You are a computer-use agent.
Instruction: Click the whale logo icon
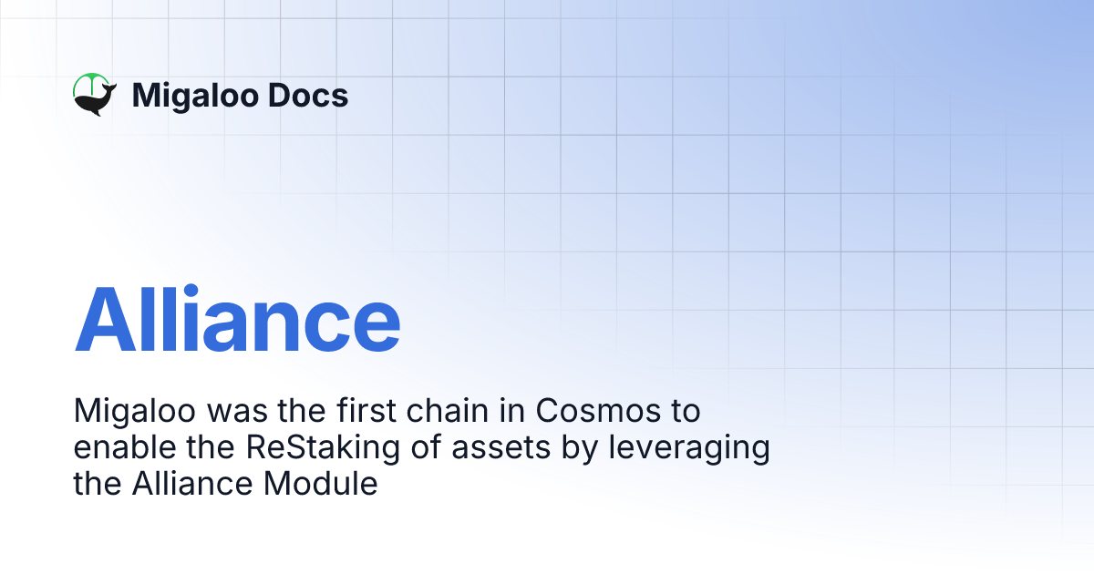click(x=94, y=96)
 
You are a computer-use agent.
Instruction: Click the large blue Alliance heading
click(x=237, y=320)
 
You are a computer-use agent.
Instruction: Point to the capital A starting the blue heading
click(x=103, y=320)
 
